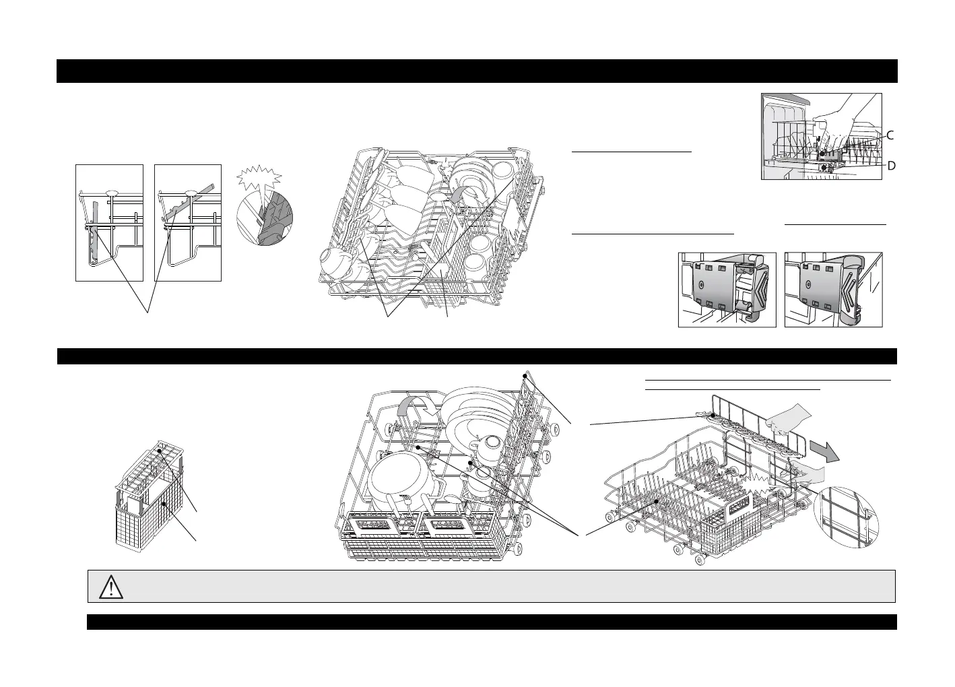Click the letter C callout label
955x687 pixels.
(890, 135)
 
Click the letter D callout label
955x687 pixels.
(890, 166)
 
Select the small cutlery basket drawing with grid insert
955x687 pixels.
(150, 495)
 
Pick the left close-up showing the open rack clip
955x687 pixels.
(727, 290)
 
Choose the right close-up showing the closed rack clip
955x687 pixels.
(834, 290)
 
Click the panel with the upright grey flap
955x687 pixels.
(109, 222)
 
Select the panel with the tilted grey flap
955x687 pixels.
(188, 222)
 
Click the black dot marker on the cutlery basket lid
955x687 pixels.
(160, 450)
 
